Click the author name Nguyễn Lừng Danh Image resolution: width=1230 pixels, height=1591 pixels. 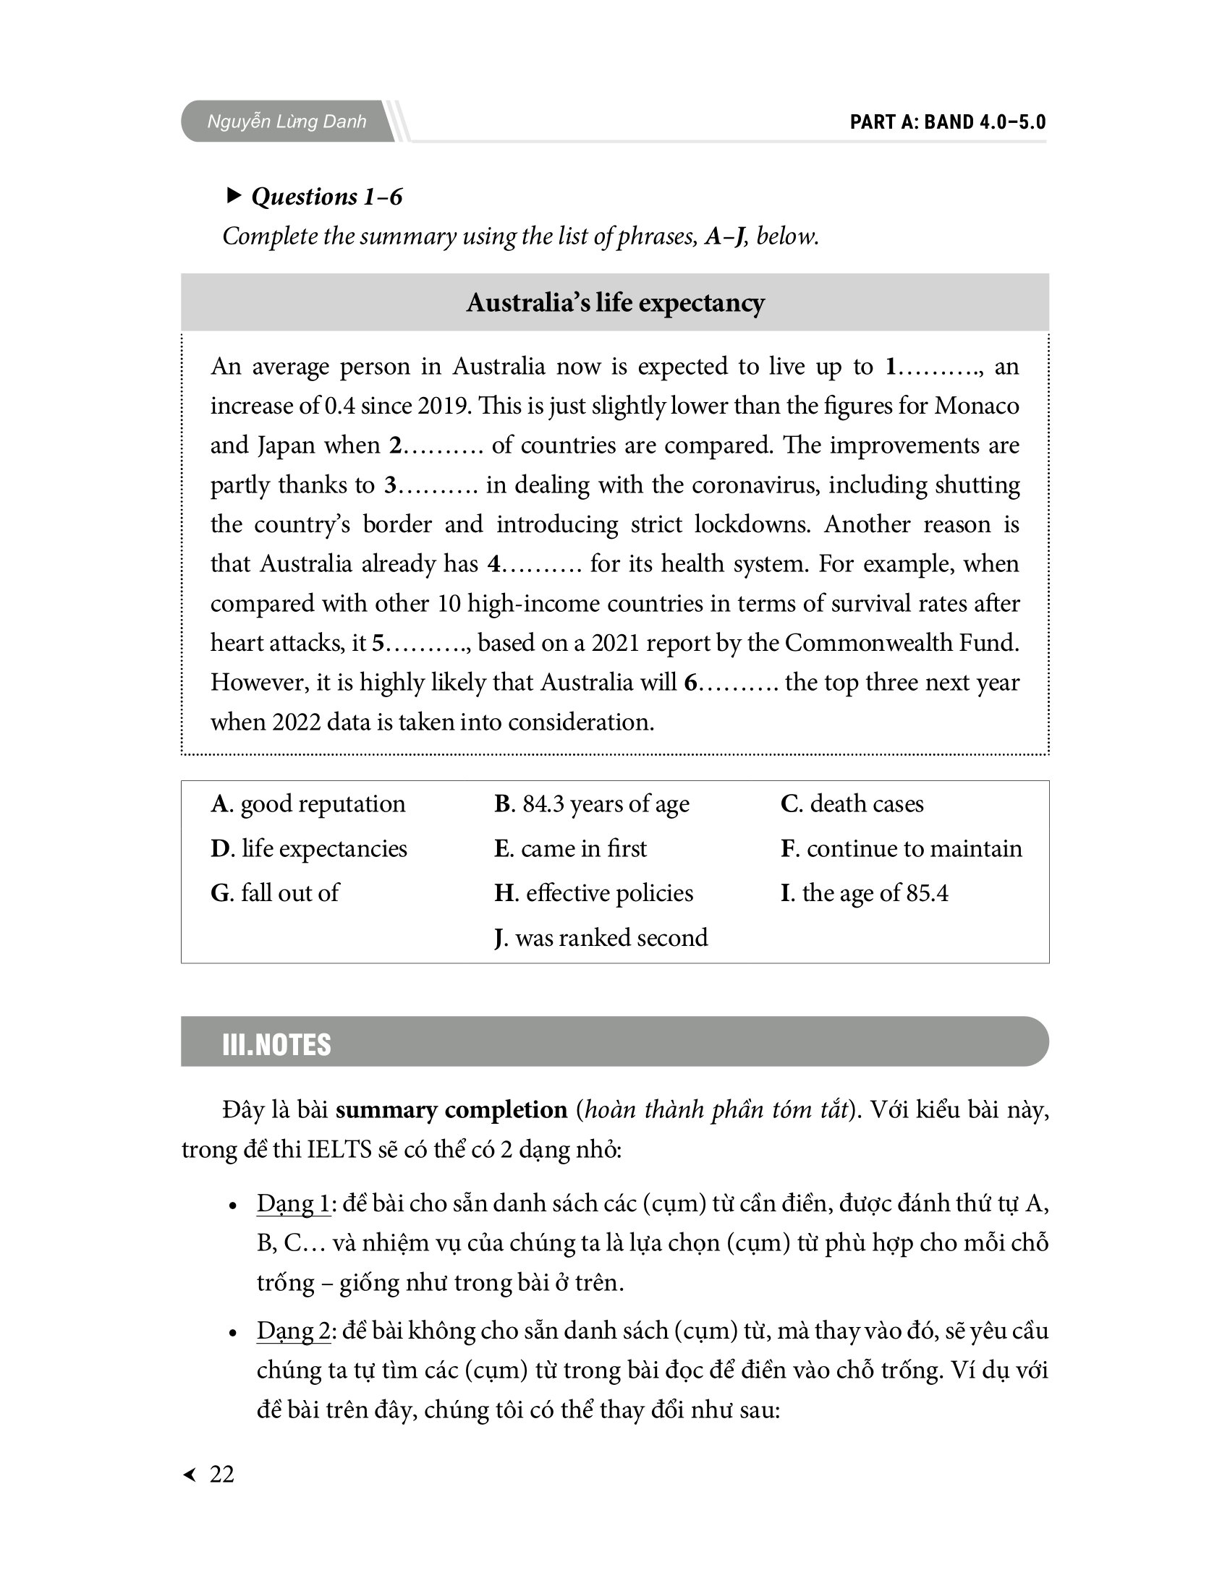287,121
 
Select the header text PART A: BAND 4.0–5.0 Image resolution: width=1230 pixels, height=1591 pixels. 947,121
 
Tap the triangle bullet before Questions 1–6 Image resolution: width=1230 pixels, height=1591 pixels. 234,195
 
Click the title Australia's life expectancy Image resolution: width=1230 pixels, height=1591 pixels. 615,302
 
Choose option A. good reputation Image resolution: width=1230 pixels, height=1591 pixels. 307,803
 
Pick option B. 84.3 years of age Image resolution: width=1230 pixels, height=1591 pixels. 591,803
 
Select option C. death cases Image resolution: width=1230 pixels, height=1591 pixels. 852,803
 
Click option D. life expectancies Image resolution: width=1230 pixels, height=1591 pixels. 308,849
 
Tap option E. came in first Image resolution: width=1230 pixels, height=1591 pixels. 570,849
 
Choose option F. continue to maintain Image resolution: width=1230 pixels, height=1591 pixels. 902,849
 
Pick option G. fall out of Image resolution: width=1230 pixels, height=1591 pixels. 275,893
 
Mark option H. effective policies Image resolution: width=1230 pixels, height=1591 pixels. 593,893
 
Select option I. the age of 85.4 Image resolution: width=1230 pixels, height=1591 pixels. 864,893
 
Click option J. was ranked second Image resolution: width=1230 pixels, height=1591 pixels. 601,937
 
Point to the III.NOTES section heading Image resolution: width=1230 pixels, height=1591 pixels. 276,1045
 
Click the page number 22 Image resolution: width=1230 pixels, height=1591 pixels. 221,1474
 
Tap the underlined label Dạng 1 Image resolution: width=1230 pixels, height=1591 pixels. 293,1203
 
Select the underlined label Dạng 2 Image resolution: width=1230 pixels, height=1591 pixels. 294,1331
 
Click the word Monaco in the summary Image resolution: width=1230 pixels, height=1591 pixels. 977,406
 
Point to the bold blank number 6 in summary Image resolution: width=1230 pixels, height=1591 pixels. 691,683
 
